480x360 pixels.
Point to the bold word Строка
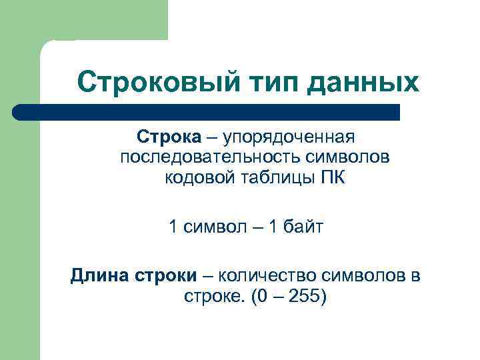[169, 137]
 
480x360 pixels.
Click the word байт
[301, 227]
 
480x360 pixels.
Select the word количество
[270, 275]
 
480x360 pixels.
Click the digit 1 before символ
[174, 227]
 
